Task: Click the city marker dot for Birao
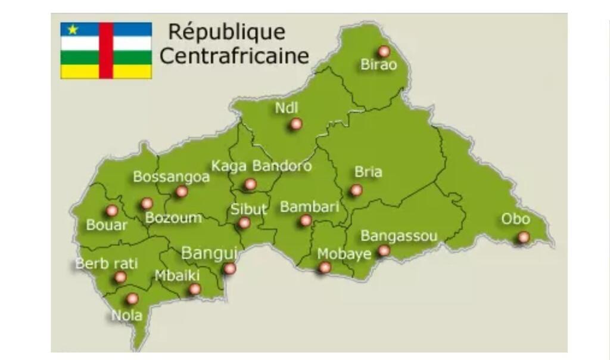[x=384, y=51]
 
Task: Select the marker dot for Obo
[x=523, y=237]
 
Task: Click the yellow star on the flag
[x=73, y=29]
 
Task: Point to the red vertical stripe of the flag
[x=106, y=51]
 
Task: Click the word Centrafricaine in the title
[x=234, y=56]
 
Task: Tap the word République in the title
[x=226, y=32]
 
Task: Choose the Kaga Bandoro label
[x=261, y=166]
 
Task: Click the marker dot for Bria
[x=356, y=190]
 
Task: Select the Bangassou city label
[x=399, y=236]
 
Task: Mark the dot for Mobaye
[x=324, y=268]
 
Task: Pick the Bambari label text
[x=309, y=207]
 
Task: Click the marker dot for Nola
[x=132, y=298]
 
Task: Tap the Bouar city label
[x=107, y=225]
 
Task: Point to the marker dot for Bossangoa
[x=182, y=191]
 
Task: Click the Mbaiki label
[x=177, y=275]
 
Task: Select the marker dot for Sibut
[x=244, y=223]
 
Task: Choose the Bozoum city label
[x=173, y=218]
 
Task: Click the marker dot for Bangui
[x=229, y=269]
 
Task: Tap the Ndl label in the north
[x=286, y=108]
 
